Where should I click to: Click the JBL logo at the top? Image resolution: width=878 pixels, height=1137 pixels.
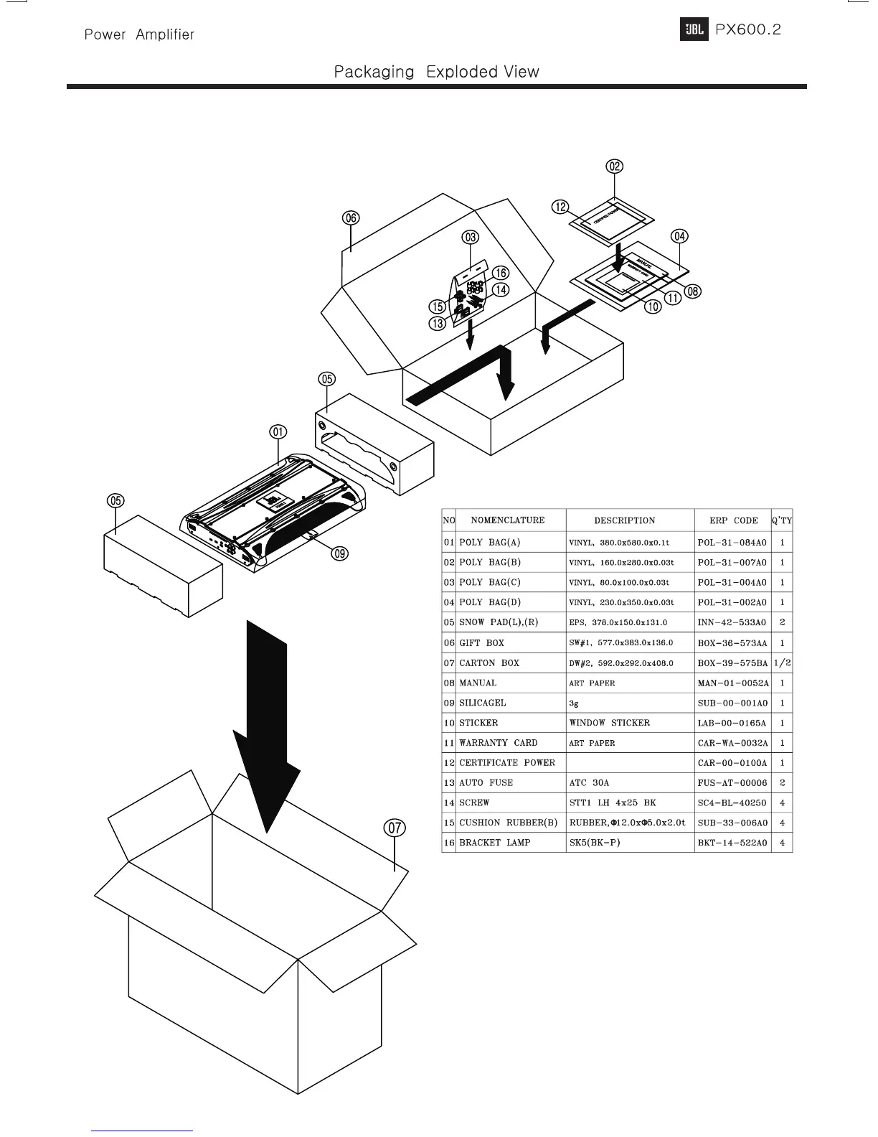tap(694, 30)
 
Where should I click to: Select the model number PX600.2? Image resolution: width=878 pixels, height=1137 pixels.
tap(748, 29)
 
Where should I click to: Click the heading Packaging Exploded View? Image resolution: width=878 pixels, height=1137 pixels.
tap(436, 72)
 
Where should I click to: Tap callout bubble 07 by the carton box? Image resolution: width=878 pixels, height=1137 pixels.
tap(395, 828)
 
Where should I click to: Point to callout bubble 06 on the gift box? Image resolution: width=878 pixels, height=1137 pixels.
tap(350, 218)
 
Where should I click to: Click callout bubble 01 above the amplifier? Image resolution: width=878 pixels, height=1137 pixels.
tap(278, 432)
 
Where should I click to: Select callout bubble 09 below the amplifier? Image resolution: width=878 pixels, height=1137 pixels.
tap(339, 553)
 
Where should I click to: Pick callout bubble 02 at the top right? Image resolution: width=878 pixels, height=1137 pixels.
tap(615, 167)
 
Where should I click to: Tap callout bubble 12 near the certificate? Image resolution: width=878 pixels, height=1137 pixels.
tap(560, 207)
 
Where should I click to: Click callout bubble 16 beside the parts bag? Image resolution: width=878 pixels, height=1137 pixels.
tap(501, 273)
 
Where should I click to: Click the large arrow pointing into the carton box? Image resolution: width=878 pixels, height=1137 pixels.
tap(266, 725)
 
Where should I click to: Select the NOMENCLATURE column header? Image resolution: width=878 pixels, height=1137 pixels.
tap(507, 520)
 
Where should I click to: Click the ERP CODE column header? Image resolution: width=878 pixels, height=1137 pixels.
tap(733, 520)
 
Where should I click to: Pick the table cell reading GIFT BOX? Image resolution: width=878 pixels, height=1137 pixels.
tap(481, 643)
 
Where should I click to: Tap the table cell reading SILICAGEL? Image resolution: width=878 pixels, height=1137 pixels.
tap(482, 703)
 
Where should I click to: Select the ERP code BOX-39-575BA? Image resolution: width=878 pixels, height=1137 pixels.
tap(732, 663)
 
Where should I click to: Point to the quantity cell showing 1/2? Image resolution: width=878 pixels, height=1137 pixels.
tap(782, 663)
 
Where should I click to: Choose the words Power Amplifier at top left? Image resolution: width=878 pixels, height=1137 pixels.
tap(139, 34)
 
